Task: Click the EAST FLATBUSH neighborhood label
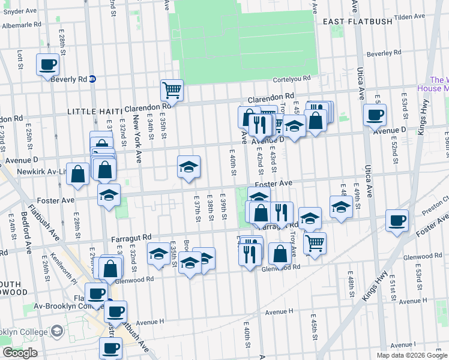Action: (x=357, y=22)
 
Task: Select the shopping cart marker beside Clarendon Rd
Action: (x=172, y=91)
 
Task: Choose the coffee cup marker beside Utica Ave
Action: (x=376, y=115)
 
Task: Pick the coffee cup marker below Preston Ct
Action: (x=397, y=220)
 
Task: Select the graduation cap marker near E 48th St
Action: (x=341, y=207)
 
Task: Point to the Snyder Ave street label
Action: (x=20, y=11)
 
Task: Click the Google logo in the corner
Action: (x=20, y=353)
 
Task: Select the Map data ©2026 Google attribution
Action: (x=411, y=355)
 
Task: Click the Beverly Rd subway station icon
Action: (x=92, y=79)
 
